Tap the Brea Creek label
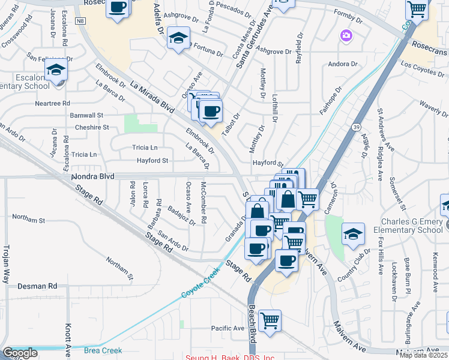[103, 350]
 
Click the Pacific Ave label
[228, 328]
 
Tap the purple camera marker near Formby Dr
[346, 36]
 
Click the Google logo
[20, 353]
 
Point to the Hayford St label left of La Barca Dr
[152, 161]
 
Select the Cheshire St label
[92, 127]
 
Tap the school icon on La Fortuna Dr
[178, 38]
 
